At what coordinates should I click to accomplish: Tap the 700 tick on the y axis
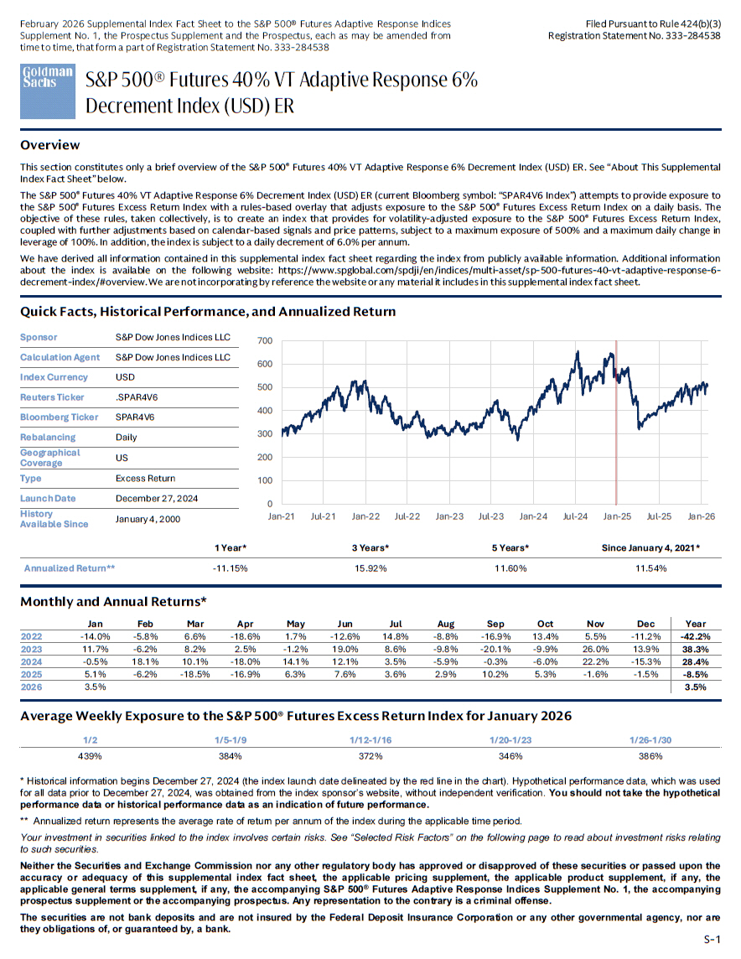pos(265,341)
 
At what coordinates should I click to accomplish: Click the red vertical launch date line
pos(617,419)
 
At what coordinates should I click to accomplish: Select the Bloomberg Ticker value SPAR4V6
pos(135,417)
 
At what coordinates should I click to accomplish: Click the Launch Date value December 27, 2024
pos(157,498)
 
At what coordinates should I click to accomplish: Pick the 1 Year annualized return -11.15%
pos(231,568)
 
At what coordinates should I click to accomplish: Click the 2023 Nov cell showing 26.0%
pos(595,649)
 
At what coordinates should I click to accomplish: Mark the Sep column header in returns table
pos(495,624)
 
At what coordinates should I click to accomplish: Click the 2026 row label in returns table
pos(31,687)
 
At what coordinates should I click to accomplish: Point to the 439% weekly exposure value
pos(90,755)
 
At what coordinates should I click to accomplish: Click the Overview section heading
pos(49,145)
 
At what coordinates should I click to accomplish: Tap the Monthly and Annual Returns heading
pos(113,601)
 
